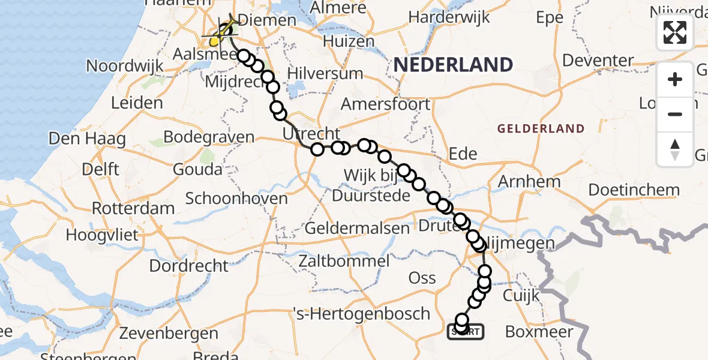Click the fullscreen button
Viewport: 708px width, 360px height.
675,32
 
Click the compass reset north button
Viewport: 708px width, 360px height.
675,149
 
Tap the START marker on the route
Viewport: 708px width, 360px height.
465,331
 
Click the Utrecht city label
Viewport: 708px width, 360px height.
311,134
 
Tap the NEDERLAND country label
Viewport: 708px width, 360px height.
453,65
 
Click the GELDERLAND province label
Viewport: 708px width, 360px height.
541,128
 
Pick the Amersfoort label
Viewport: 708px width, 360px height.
385,104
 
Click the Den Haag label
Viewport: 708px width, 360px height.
87,139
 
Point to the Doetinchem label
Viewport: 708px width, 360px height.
634,190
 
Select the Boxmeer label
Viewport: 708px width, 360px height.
539,331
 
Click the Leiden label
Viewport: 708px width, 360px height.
137,102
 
